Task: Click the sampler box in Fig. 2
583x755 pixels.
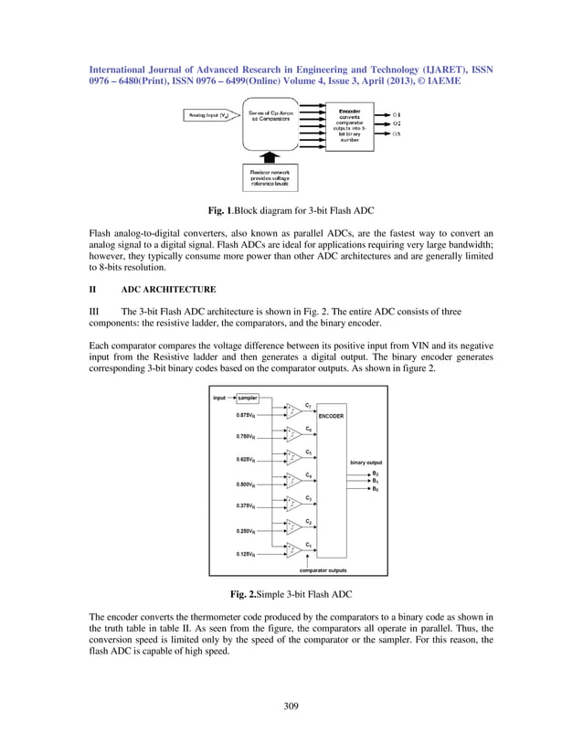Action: tap(247, 399)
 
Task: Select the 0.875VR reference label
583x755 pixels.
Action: tap(247, 415)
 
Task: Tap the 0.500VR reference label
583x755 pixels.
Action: tap(247, 484)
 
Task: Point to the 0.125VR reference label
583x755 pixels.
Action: tap(247, 554)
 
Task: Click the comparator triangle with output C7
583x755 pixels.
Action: tap(293, 410)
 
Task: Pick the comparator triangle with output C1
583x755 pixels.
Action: tap(293, 549)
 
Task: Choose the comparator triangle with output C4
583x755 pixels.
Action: tap(293, 480)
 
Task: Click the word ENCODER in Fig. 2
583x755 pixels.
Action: tap(331, 415)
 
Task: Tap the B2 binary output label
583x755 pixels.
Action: tap(375, 473)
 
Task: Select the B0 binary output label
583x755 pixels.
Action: tap(375, 489)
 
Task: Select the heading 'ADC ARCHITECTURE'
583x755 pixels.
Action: tap(169, 290)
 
